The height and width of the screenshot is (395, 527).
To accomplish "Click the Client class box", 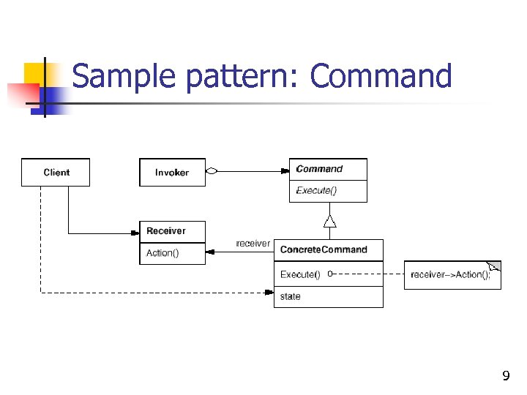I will click(x=56, y=173).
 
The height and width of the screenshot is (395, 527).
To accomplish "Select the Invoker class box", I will click(x=172, y=173).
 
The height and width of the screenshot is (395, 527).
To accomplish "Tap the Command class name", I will click(x=319, y=169).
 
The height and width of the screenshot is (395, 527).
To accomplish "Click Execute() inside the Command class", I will click(x=316, y=191).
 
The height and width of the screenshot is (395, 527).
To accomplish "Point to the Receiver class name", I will click(x=166, y=231).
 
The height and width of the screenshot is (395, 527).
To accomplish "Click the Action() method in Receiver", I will click(x=162, y=253).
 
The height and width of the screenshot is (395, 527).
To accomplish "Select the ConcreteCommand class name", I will click(x=324, y=249).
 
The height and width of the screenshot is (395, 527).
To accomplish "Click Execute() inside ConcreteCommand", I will click(x=300, y=274).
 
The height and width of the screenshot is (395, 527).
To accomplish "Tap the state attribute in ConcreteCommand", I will click(x=291, y=296).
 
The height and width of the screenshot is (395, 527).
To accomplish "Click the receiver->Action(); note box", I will click(x=449, y=275).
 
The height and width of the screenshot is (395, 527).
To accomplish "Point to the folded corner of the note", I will click(x=495, y=266).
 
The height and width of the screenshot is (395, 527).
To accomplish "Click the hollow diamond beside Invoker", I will click(x=212, y=171).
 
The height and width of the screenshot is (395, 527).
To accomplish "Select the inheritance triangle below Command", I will click(x=329, y=221).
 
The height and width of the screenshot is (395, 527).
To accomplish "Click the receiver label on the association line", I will click(x=253, y=244).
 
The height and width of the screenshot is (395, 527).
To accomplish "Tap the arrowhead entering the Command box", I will click(x=285, y=171).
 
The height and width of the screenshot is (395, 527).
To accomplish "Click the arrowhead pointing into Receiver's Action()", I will click(x=210, y=252).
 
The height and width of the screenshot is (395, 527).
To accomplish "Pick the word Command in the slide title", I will click(x=381, y=76).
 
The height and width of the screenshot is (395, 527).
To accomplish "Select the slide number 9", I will click(x=505, y=377).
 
